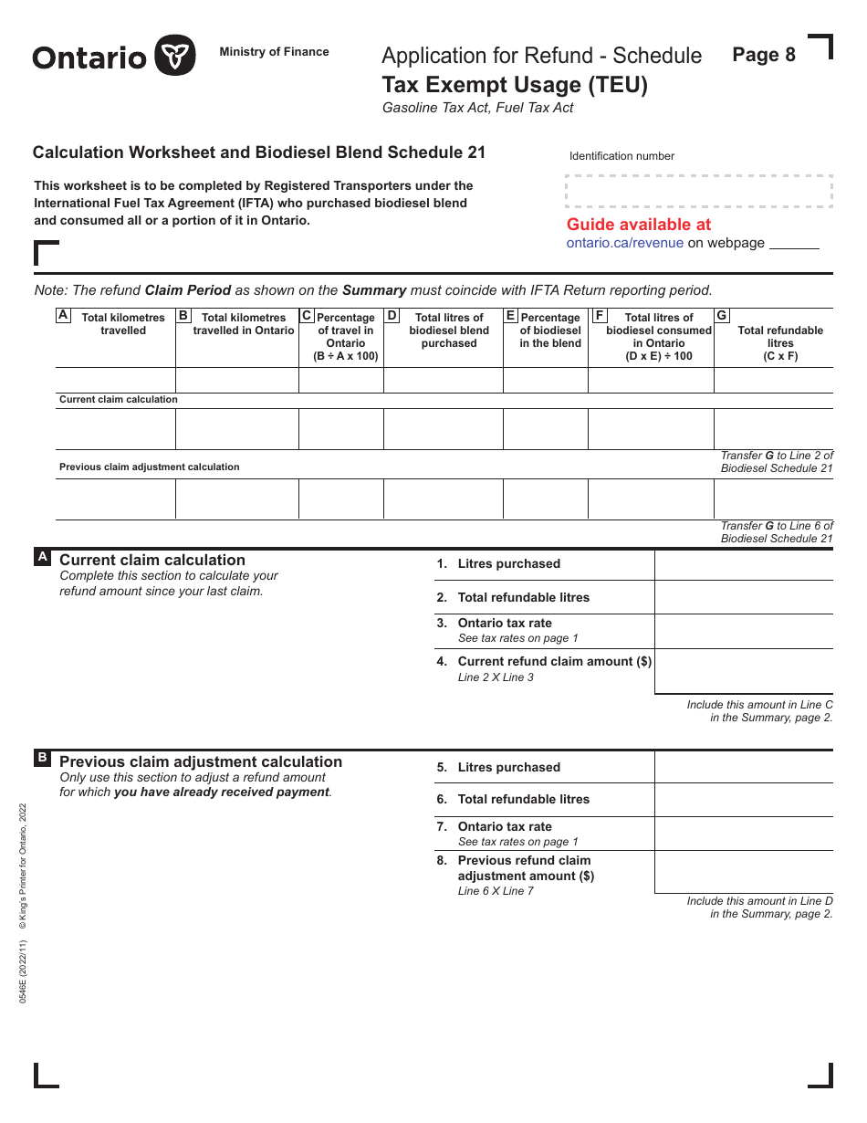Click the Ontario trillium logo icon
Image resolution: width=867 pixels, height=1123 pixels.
click(175, 56)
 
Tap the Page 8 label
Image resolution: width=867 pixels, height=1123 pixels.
click(764, 55)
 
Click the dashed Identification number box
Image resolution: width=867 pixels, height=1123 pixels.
click(699, 191)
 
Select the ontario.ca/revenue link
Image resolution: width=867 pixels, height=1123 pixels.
click(624, 243)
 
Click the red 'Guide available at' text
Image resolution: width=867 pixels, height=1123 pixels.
click(638, 225)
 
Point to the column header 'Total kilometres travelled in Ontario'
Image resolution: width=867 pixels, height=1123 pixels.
click(244, 324)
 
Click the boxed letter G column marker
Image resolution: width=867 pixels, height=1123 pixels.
click(722, 316)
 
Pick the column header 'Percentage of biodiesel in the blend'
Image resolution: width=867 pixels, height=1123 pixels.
click(550, 331)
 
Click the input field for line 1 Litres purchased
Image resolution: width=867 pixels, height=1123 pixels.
click(743, 564)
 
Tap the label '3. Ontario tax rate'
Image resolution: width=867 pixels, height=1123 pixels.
click(504, 624)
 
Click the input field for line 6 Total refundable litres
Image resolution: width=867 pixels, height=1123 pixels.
click(743, 800)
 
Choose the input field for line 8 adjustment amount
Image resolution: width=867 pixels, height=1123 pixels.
click(743, 872)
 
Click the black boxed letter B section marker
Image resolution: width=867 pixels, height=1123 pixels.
click(42, 758)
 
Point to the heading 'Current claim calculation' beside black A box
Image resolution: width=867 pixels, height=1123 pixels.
click(151, 561)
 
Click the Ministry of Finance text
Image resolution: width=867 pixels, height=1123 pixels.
click(274, 52)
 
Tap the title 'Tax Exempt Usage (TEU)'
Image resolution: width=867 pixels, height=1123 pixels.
click(515, 85)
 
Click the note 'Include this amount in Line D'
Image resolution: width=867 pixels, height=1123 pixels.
click(759, 901)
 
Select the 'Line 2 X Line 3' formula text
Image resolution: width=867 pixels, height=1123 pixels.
click(496, 677)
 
